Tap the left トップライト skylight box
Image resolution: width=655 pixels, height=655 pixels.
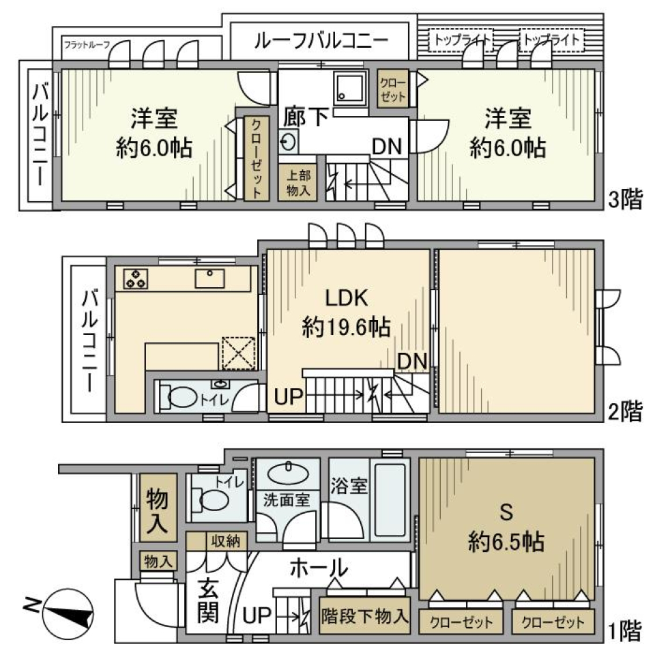463,40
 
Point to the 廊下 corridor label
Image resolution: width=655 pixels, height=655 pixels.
306,117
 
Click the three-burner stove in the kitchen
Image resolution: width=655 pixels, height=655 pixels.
136,278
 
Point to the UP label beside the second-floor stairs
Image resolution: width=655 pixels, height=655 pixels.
287,396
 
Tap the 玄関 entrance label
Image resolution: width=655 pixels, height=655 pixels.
208,600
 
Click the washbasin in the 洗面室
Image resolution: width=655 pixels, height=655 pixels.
287,472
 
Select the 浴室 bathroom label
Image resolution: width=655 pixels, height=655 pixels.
349,486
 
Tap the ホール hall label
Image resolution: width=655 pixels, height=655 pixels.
319,567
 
